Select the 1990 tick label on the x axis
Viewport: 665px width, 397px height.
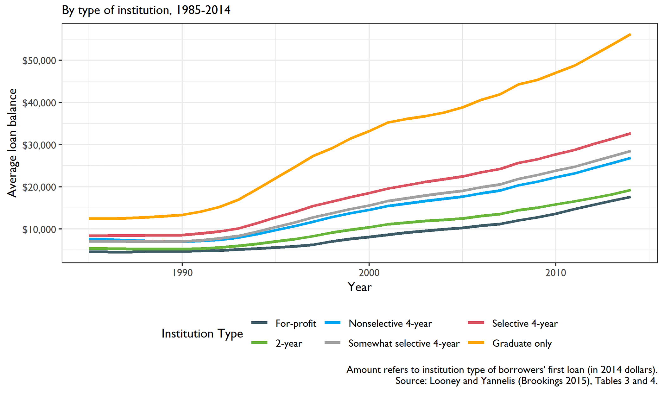(182, 273)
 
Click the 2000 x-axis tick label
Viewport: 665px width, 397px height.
(369, 273)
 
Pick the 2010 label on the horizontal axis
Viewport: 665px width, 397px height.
(555, 273)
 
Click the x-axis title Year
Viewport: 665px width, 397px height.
(359, 287)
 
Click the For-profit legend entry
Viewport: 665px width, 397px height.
(296, 323)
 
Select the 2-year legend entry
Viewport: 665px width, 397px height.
(289, 343)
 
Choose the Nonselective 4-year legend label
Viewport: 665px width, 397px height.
(390, 323)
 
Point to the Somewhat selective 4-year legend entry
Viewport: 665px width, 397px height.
(404, 343)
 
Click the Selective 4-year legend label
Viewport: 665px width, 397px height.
(525, 323)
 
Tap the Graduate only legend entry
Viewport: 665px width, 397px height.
(522, 343)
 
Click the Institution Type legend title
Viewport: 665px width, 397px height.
(202, 333)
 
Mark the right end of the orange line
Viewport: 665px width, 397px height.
(630, 34)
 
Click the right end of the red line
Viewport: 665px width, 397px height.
(630, 134)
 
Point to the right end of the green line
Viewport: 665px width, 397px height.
(630, 190)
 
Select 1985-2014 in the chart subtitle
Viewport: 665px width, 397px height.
(203, 10)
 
